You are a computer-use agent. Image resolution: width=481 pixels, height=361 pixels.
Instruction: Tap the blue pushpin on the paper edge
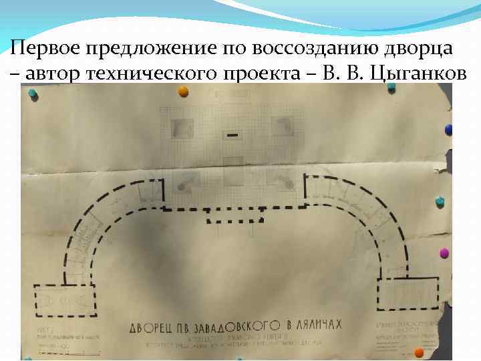pos(449,129)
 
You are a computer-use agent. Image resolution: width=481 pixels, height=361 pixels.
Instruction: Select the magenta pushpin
pos(444,253)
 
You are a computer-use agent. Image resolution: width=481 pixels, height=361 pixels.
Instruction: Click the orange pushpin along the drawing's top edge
pos(182,92)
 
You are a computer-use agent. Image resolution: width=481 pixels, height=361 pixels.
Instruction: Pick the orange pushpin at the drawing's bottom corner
pos(419,353)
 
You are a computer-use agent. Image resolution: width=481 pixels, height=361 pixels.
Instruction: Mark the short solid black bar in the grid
pos(232,135)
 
